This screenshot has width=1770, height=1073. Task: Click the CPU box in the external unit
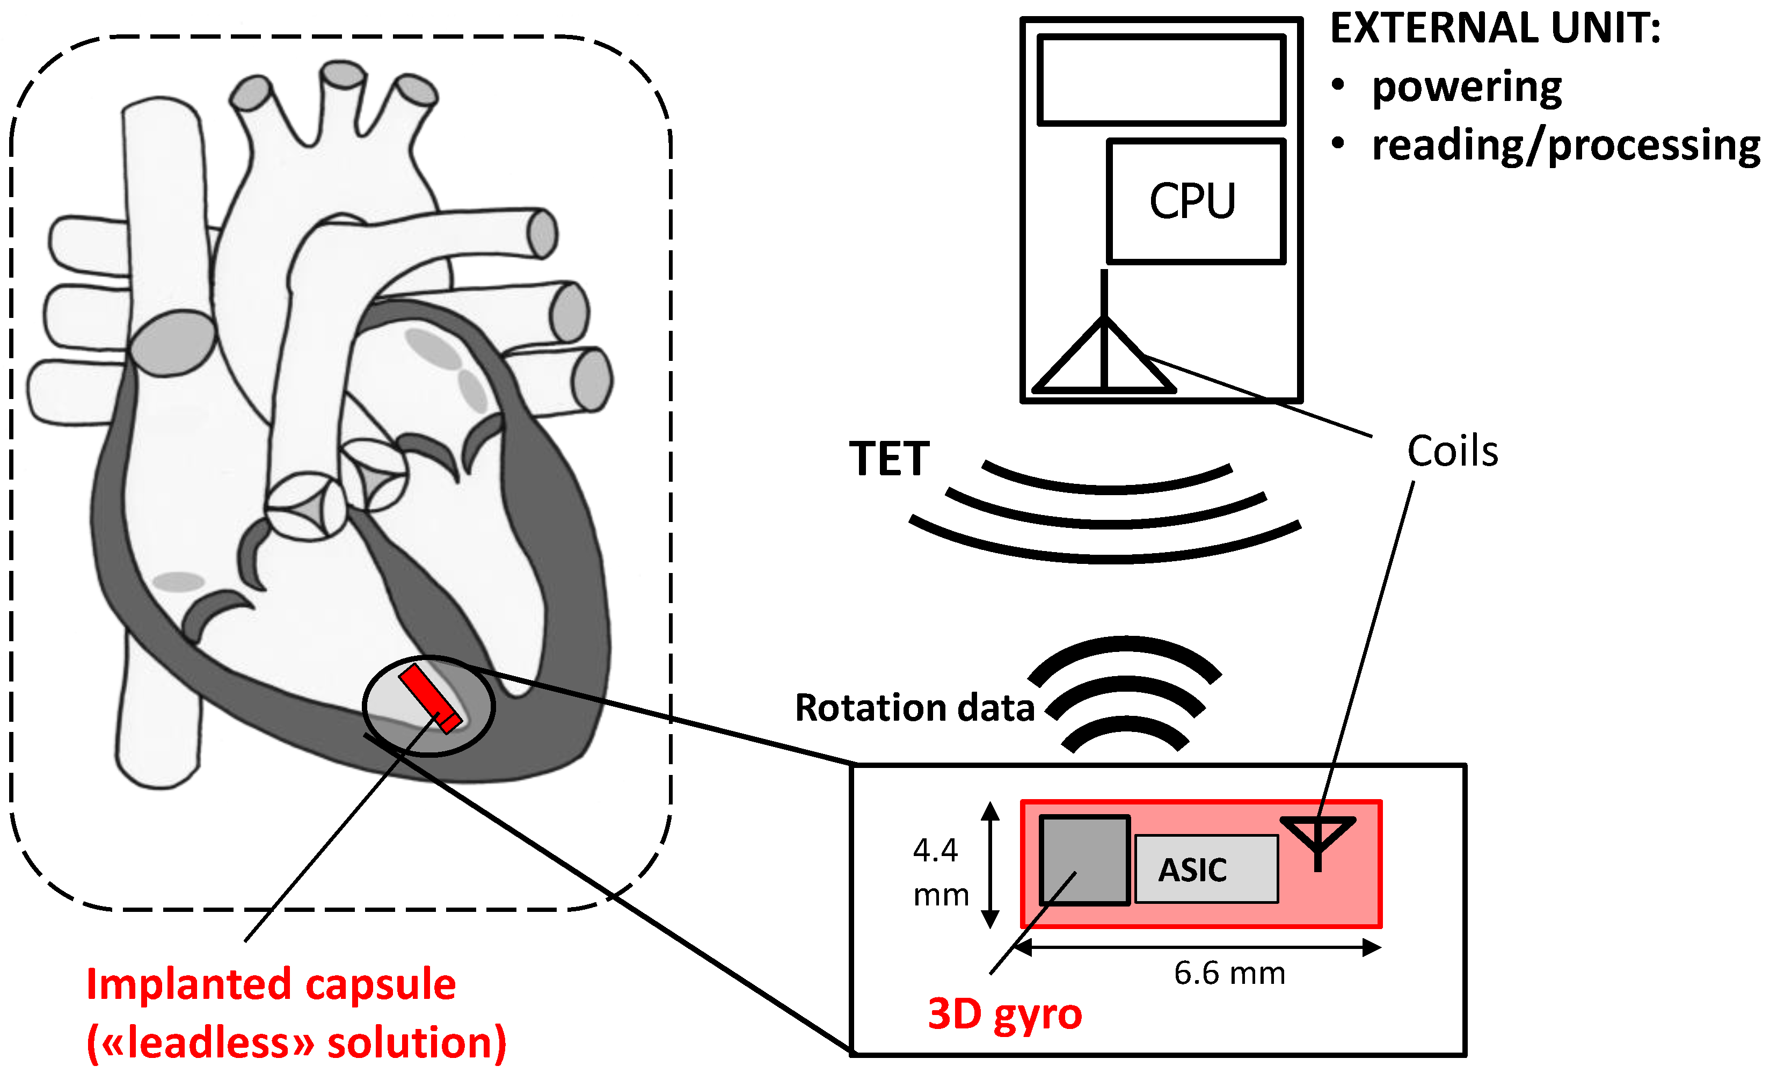[1196, 201]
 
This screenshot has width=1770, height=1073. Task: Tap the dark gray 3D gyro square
[1084, 860]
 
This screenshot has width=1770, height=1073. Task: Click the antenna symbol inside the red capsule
[1317, 838]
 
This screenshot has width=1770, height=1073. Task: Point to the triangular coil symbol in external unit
[1104, 359]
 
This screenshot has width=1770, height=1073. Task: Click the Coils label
[1452, 451]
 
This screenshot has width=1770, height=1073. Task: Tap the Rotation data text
[914, 708]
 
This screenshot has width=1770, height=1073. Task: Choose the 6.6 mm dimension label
[1229, 973]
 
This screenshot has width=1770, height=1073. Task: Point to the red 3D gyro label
[1004, 1014]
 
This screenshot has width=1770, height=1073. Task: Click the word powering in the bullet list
[1466, 88]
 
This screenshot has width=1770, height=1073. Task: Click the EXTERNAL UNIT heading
[1495, 29]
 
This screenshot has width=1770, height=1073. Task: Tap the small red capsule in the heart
[429, 698]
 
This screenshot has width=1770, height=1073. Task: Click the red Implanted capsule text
[271, 984]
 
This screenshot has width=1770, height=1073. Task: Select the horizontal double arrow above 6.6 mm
[1196, 947]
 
